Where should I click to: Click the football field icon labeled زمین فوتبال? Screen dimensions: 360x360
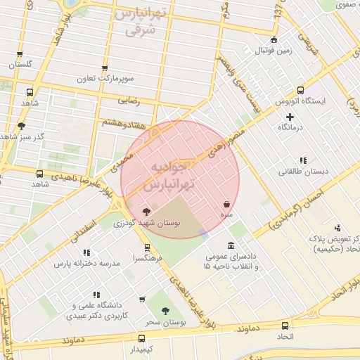click(x=274, y=39)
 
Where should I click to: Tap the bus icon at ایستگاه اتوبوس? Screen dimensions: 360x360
click(x=300, y=90)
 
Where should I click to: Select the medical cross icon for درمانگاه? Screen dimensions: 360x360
click(x=290, y=116)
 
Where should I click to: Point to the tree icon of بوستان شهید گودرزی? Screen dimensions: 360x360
click(x=146, y=211)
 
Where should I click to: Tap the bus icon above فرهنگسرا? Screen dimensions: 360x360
click(x=147, y=247)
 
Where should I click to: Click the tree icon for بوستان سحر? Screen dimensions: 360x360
click(x=165, y=310)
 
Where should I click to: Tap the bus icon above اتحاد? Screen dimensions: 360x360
click(x=285, y=326)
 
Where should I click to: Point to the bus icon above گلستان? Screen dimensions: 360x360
click(x=30, y=53)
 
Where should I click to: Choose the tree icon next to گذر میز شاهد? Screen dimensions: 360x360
click(x=22, y=126)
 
